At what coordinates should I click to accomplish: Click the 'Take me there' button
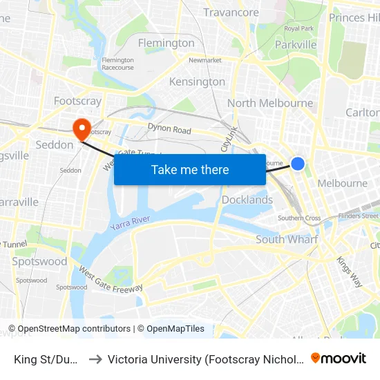[190, 170]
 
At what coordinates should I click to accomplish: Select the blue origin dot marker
[298, 164]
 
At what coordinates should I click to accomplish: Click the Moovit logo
[339, 358]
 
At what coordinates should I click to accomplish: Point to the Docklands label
[247, 200]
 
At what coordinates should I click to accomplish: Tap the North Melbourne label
[270, 104]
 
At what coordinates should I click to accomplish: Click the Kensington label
[198, 82]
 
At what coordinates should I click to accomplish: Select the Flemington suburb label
[166, 43]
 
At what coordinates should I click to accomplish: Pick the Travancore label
[231, 12]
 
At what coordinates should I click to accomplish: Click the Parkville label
[296, 44]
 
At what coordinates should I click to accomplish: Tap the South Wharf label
[287, 240]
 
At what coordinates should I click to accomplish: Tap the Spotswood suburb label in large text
[39, 262]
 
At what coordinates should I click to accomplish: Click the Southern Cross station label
[299, 218]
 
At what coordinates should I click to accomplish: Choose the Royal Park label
[298, 28]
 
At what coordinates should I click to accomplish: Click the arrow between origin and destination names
[95, 359]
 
